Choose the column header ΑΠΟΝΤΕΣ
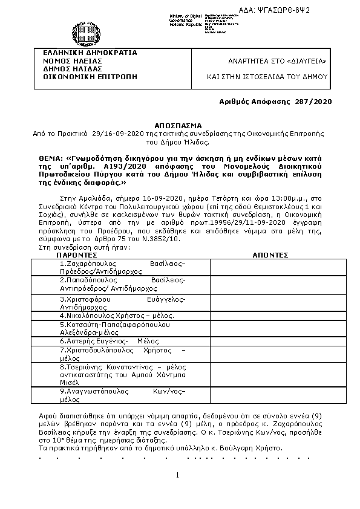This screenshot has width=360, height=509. (270, 255)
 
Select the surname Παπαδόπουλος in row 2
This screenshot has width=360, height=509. (88, 280)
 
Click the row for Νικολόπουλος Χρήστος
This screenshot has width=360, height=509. (117, 316)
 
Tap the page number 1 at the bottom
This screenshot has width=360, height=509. (178, 476)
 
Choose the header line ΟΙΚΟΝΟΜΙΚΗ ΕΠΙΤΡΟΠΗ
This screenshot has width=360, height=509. (85, 77)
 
